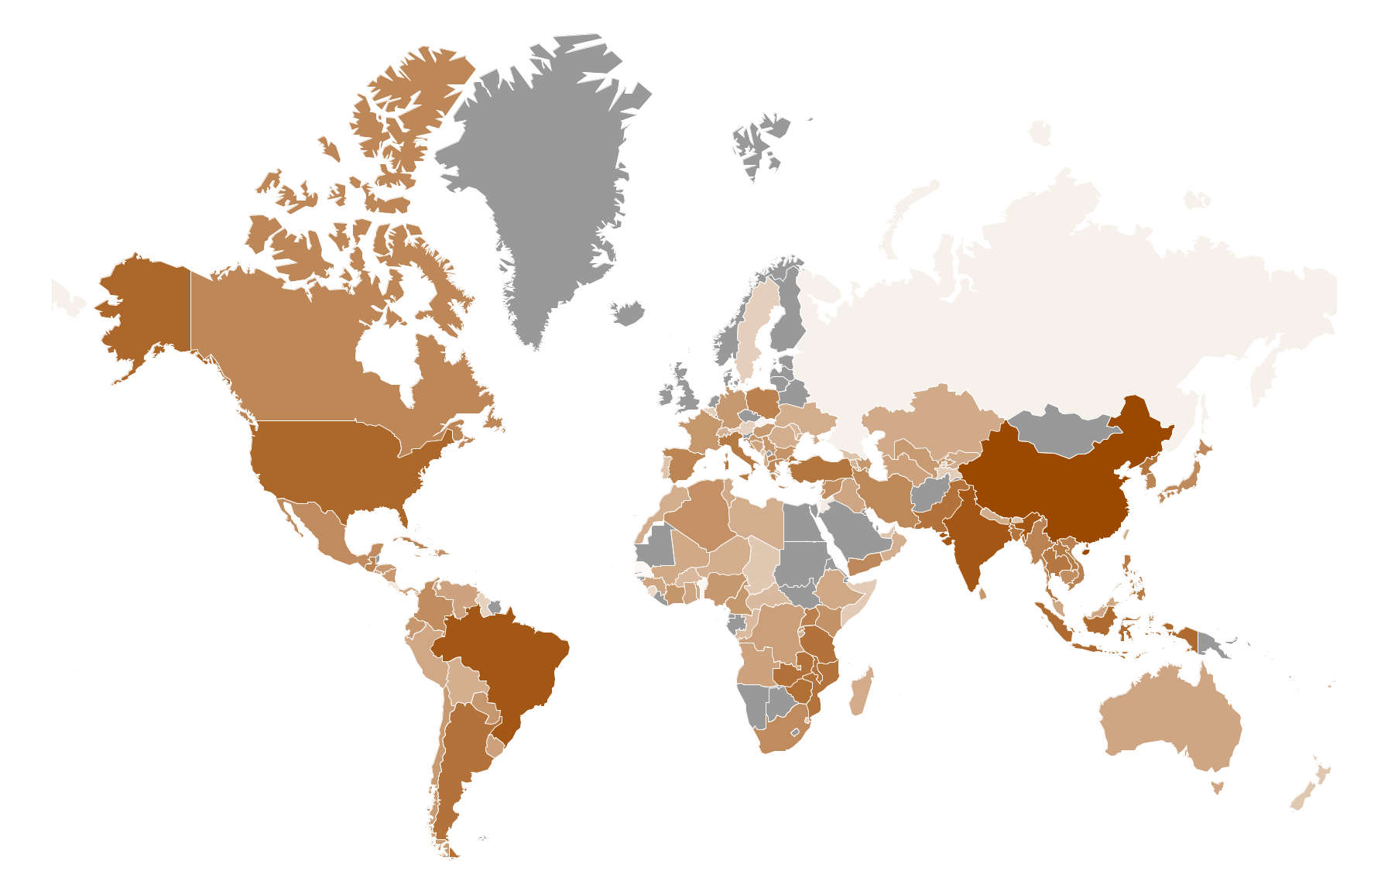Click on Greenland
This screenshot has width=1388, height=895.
[x=542, y=178]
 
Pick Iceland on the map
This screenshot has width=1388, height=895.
[x=629, y=313]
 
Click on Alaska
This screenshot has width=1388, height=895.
[x=147, y=310]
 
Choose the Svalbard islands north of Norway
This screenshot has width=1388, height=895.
[x=759, y=143]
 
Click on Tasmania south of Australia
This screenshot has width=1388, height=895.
[x=1217, y=787]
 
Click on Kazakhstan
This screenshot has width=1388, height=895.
[x=929, y=418]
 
